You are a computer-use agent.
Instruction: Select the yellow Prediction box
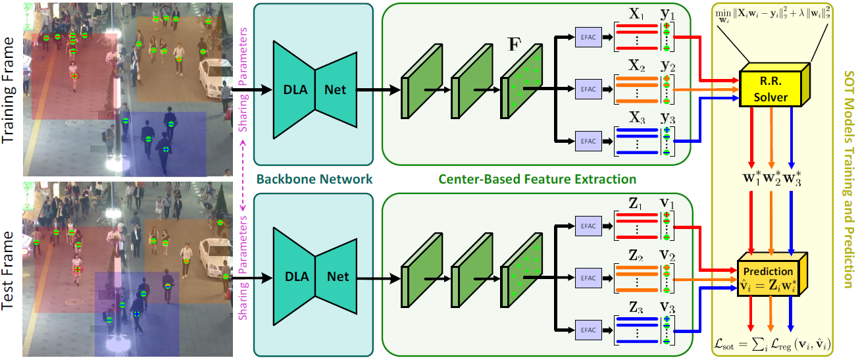pyautogui.click(x=768, y=276)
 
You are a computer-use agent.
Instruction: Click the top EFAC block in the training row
pyautogui.click(x=585, y=38)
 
